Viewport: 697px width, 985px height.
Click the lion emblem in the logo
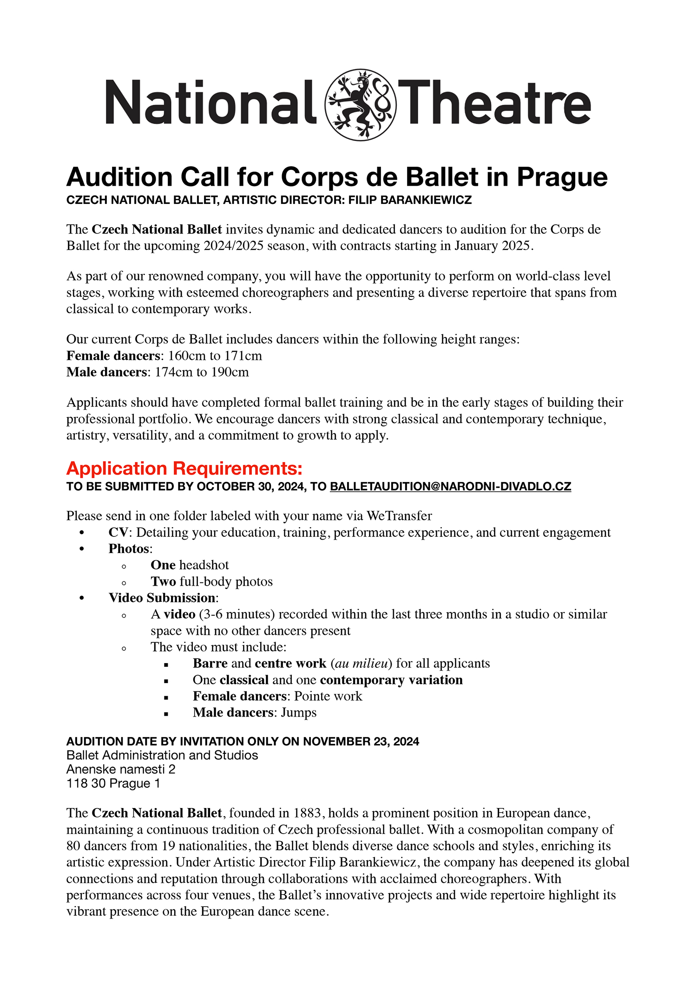pyautogui.click(x=361, y=104)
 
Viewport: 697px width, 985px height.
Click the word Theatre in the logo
pyautogui.click(x=494, y=102)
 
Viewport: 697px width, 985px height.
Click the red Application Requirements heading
pyautogui.click(x=184, y=468)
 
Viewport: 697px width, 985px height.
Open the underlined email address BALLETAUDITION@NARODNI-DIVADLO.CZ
pyautogui.click(x=450, y=487)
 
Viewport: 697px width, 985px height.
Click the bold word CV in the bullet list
pyautogui.click(x=118, y=533)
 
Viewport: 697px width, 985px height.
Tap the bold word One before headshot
pyautogui.click(x=163, y=565)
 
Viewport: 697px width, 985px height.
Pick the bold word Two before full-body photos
pyautogui.click(x=163, y=581)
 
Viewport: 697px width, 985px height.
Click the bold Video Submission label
pyautogui.click(x=162, y=598)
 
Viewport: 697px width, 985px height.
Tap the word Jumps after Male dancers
pyautogui.click(x=298, y=712)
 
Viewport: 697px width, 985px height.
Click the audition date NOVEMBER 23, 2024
pyautogui.click(x=361, y=742)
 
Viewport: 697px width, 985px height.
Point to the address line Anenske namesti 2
pyautogui.click(x=121, y=770)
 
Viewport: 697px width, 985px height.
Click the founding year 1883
pyautogui.click(x=307, y=813)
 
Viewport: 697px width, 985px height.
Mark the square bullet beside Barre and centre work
pyautogui.click(x=166, y=665)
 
